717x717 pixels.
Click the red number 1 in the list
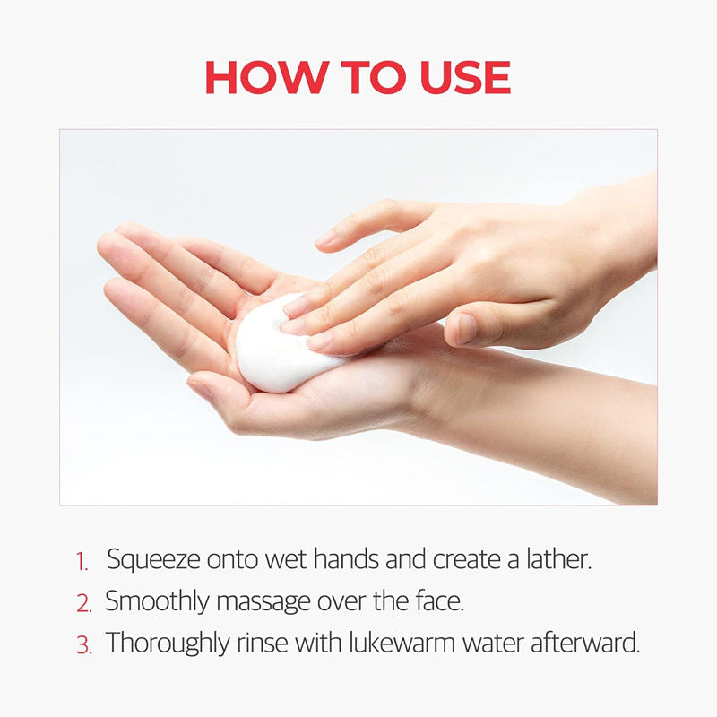point(82,563)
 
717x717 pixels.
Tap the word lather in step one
point(560,559)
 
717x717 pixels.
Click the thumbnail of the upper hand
point(465,328)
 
